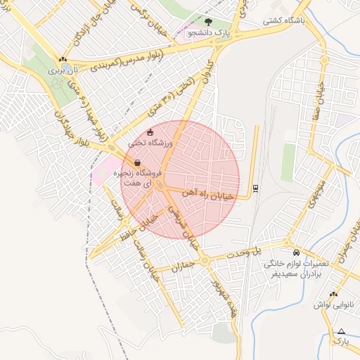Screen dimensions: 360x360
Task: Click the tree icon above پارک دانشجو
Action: (207, 22)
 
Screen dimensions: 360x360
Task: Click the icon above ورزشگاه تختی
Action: (149, 132)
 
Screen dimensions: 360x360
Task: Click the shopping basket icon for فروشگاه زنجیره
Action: (137, 162)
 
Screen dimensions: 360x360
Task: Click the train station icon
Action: (255, 188)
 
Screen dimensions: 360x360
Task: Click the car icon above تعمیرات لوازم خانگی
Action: (296, 252)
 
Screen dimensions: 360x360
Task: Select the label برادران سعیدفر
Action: (297, 274)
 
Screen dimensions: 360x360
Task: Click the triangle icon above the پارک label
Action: (342, 330)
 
